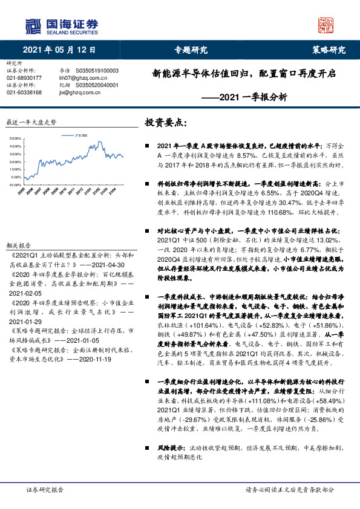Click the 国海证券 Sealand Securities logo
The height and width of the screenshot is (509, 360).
pos(60,25)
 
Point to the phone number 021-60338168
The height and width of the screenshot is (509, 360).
pos(24,92)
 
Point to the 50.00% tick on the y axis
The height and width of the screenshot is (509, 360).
pos(15,140)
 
